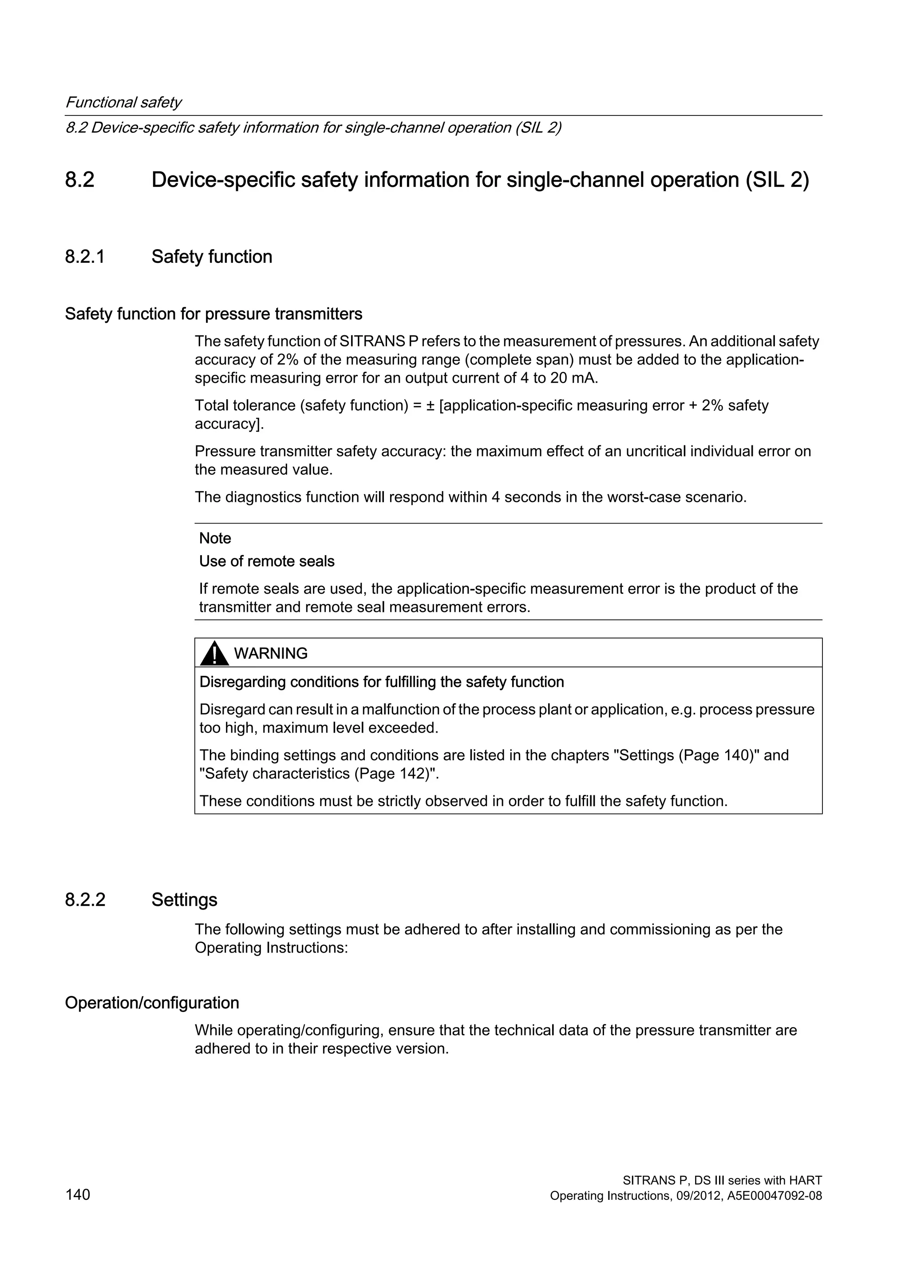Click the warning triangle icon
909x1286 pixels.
(214, 655)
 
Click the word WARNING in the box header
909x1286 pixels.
(270, 654)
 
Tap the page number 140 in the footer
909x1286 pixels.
(78, 1195)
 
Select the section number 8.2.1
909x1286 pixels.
(85, 257)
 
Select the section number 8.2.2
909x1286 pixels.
(85, 900)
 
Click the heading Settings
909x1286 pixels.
(184, 900)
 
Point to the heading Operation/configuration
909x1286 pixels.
(152, 1003)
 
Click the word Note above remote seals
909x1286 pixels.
(215, 538)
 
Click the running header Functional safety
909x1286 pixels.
(123, 103)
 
